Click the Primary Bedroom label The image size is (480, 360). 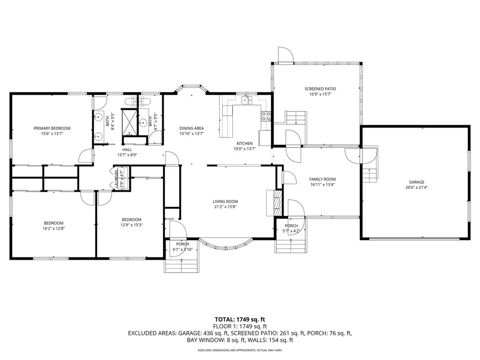[x=52, y=128]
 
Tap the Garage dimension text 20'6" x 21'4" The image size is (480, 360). [x=416, y=187]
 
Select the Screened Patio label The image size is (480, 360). [x=320, y=89]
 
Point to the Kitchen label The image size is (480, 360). [x=244, y=143]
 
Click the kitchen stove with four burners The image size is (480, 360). [x=266, y=116]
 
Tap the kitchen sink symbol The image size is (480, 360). [x=247, y=100]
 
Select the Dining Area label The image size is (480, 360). [x=192, y=128]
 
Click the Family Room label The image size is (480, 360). [x=322, y=179]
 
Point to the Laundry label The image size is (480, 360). [x=117, y=179]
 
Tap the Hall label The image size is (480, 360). [x=127, y=150]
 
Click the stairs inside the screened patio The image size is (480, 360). [x=296, y=117]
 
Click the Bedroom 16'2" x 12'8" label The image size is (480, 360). [x=53, y=223]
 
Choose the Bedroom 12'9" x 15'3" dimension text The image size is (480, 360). [x=132, y=225]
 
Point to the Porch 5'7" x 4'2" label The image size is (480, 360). [x=291, y=226]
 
